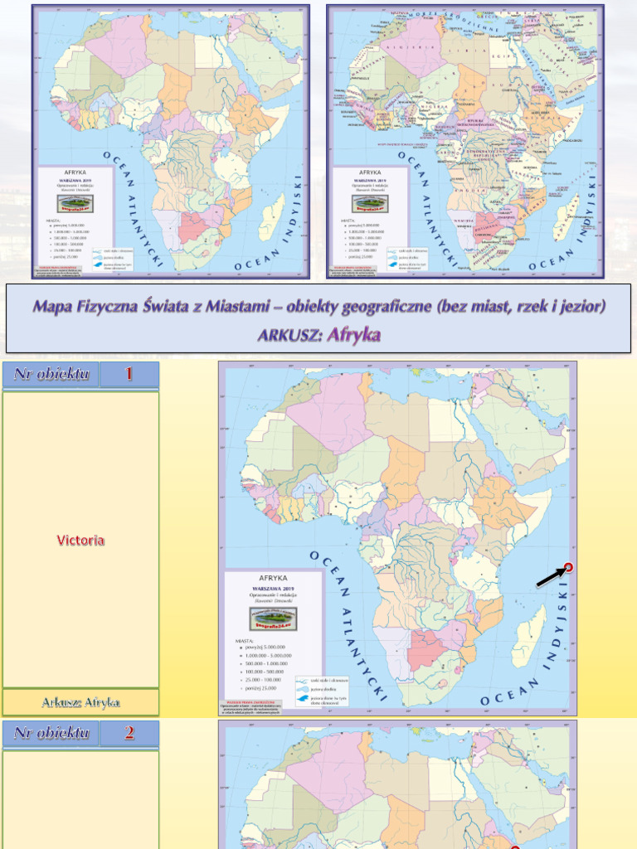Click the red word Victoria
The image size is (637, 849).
pyautogui.click(x=80, y=541)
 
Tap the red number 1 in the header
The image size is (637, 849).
pyautogui.click(x=129, y=374)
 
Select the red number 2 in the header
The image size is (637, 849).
pyautogui.click(x=129, y=732)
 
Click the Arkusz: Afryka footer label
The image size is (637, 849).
pyautogui.click(x=80, y=702)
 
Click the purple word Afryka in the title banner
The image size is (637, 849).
pyautogui.click(x=354, y=336)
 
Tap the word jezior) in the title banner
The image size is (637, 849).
pyautogui.click(x=579, y=306)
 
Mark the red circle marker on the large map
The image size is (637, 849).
pyautogui.click(x=568, y=568)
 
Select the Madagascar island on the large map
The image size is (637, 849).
pyautogui.click(x=531, y=635)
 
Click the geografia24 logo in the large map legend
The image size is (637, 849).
pyautogui.click(x=273, y=618)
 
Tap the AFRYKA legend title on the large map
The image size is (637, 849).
pyautogui.click(x=273, y=578)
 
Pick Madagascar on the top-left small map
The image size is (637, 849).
pyautogui.click(x=271, y=218)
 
